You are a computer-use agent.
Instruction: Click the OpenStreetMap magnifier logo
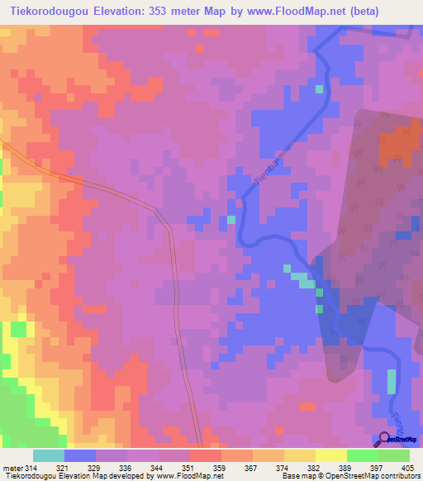click(x=385, y=439)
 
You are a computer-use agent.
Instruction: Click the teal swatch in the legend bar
click(x=48, y=455)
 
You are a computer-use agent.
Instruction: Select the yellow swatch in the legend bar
click(x=330, y=455)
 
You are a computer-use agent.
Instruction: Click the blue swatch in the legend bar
click(x=79, y=455)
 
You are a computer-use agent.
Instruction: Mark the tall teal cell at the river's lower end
click(x=392, y=381)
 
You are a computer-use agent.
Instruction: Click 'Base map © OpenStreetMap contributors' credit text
click(x=349, y=476)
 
